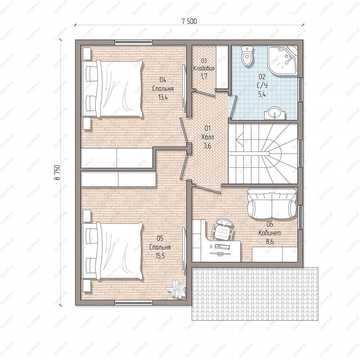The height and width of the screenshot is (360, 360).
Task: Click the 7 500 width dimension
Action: [x=189, y=22]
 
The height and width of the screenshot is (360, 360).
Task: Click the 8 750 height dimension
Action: [x=57, y=172]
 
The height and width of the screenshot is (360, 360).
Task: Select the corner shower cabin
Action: [x=282, y=60]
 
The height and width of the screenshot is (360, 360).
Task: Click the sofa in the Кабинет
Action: [x=272, y=204]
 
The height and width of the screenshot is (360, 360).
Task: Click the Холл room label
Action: [x=208, y=137]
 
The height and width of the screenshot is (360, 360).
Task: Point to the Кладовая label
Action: [x=204, y=68]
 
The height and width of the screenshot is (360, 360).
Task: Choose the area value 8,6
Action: [x=270, y=241]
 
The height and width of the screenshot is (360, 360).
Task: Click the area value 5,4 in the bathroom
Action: [x=262, y=94]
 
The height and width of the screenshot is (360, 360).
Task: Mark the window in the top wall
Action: [x=133, y=43]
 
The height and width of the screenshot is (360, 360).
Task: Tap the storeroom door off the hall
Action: [x=205, y=93]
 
